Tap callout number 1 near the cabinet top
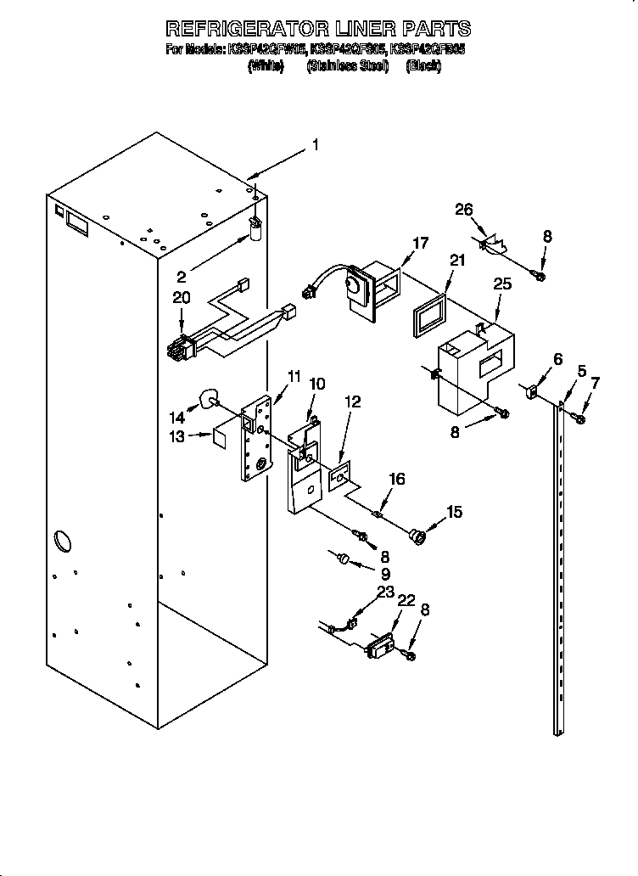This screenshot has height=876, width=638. tap(315, 145)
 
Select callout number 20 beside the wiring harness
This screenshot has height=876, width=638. tap(181, 297)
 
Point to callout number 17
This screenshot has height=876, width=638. tap(420, 243)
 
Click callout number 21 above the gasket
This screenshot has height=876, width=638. tap(458, 261)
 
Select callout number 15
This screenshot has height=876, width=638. tap(455, 512)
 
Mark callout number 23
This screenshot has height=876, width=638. tap(386, 592)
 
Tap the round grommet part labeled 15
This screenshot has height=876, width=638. tap(416, 536)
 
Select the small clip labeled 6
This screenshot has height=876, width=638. tap(534, 391)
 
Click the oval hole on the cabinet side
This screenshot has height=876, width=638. tap(62, 540)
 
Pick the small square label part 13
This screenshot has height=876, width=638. tap(218, 436)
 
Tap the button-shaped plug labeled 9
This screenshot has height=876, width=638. tap(344, 558)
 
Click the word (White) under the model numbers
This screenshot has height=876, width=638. tap(266, 65)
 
